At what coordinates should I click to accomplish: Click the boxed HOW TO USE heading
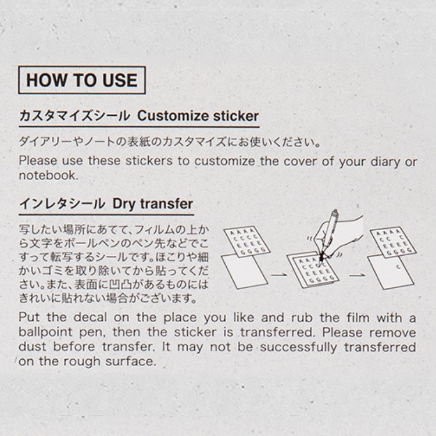pyautogui.click(x=82, y=80)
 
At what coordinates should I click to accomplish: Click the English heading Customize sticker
pyautogui.click(x=198, y=116)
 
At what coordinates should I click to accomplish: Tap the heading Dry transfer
pyautogui.click(x=153, y=204)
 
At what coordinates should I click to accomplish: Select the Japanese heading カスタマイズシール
pyautogui.click(x=74, y=116)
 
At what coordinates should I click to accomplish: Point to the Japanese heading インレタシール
pyautogui.click(x=62, y=204)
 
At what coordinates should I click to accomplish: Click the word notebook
pyautogui.click(x=49, y=176)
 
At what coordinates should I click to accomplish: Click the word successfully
pyautogui.click(x=299, y=346)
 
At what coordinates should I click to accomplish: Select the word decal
pyautogui.click(x=90, y=317)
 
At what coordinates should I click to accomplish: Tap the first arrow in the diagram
pyautogui.click(x=279, y=275)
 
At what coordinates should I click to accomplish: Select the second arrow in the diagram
pyautogui.click(x=358, y=276)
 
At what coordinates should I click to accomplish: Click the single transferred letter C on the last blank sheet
pyautogui.click(x=398, y=267)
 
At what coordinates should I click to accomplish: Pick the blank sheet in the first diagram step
pyautogui.click(x=244, y=271)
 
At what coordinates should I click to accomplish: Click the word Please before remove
pyautogui.click(x=342, y=333)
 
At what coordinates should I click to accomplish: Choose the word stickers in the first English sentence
pyautogui.click(x=149, y=161)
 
